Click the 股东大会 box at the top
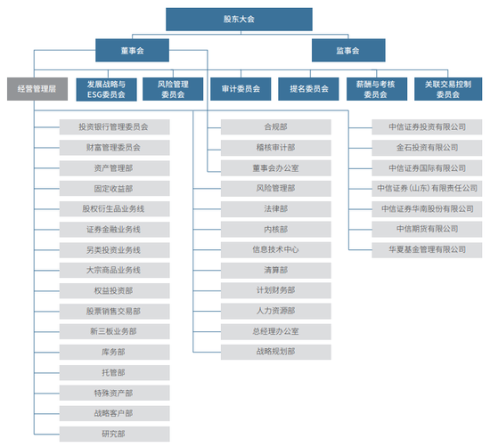tap(239, 20)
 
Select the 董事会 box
tap(132, 50)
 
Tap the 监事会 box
tap(348, 50)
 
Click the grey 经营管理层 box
tap(37, 89)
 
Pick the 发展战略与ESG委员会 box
tap(106, 89)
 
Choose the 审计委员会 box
tap(241, 89)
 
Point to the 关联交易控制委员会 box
tap(448, 89)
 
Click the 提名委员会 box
tap(308, 89)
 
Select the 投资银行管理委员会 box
tap(114, 127)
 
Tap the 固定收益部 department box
tap(114, 189)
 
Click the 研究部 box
tap(114, 434)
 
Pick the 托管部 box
tap(114, 373)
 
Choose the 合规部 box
tap(276, 127)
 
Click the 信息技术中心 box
tap(276, 250)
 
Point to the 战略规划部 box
tap(276, 352)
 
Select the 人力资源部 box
tap(276, 311)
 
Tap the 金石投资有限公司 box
tap(427, 148)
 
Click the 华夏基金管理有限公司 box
tap(427, 250)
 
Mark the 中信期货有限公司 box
tap(427, 229)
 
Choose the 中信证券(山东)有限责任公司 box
tap(427, 189)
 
